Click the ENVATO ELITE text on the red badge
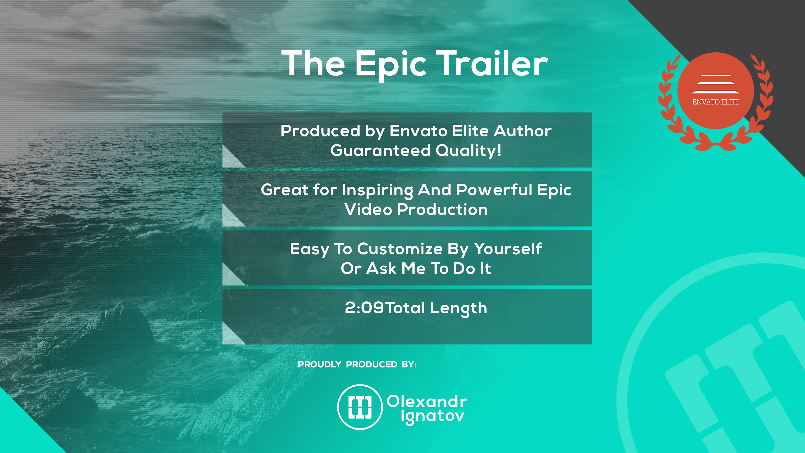click(x=716, y=102)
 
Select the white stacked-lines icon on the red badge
click(x=716, y=84)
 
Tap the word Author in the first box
click(x=523, y=131)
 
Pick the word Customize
click(x=400, y=249)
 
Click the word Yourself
click(x=508, y=249)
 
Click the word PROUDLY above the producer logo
click(x=319, y=365)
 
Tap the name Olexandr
click(x=427, y=401)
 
